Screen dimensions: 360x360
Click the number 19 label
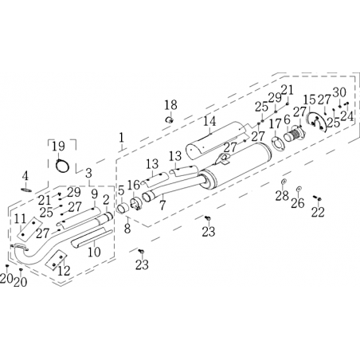58,147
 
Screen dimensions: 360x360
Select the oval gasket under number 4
26,190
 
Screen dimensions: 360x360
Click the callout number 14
209,121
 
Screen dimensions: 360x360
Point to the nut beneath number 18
170,120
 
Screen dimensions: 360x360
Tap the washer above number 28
284,182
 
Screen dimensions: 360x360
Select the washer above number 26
299,189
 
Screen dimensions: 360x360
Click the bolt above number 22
317,198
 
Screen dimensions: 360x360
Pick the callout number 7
162,205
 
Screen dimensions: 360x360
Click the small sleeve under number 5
122,209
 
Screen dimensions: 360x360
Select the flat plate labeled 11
28,229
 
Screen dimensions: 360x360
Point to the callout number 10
94,252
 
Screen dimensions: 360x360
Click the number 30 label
339,92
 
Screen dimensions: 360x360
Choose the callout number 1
121,138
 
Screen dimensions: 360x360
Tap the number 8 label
127,229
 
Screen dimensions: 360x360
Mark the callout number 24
347,116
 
